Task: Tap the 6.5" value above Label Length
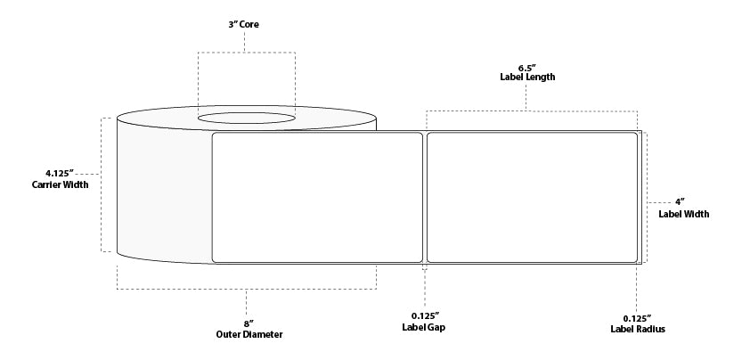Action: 527,65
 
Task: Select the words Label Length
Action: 527,78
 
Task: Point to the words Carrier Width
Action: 61,184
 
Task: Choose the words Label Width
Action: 684,214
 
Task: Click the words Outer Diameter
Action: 249,334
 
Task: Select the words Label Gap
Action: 424,328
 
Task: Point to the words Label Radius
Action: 637,328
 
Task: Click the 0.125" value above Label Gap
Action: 424,315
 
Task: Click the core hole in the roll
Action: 246,118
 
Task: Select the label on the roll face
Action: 317,198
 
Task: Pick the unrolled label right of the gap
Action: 533,198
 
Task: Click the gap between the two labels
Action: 425,198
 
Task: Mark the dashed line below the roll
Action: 247,289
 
